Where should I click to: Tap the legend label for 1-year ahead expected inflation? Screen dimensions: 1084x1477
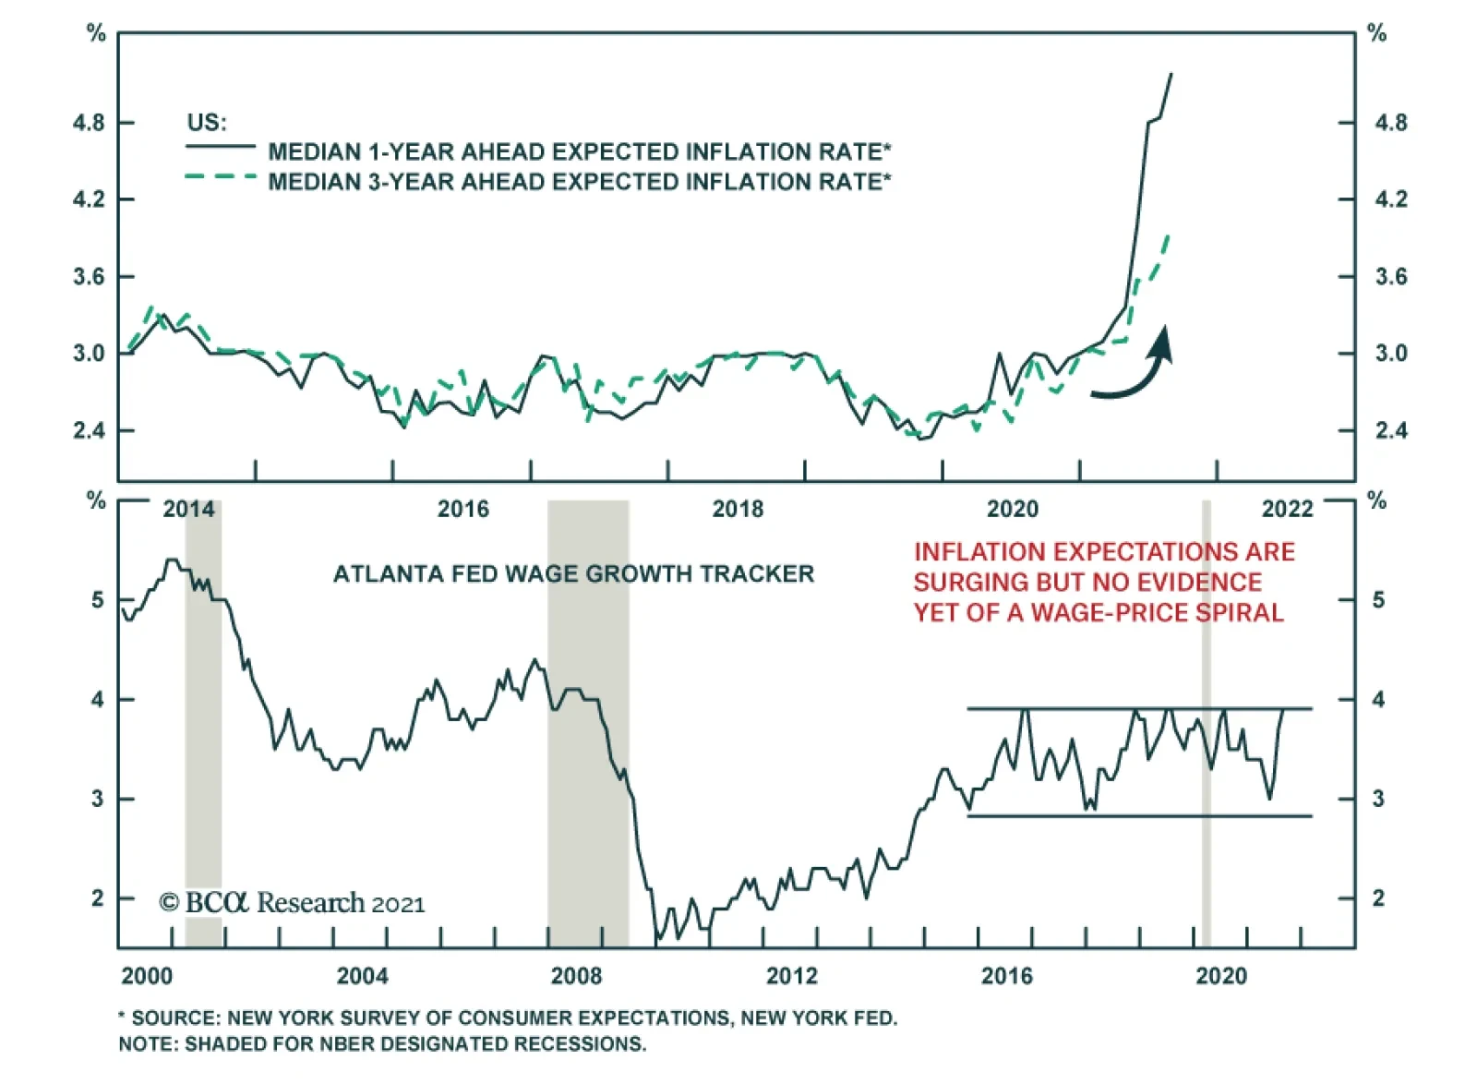point(579,151)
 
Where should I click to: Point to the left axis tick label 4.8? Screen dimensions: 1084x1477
point(89,123)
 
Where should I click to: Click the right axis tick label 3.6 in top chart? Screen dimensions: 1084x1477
point(1390,277)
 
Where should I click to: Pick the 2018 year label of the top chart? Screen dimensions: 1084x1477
point(738,509)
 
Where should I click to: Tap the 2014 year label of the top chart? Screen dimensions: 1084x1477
point(188,509)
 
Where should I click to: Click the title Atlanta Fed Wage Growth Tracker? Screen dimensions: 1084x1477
point(573,574)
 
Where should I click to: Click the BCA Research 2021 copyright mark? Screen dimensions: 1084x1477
point(292,903)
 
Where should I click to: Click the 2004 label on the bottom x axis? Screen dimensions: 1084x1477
point(362,976)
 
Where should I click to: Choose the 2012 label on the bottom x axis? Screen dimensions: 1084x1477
point(792,976)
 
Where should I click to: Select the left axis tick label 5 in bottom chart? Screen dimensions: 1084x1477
point(98,600)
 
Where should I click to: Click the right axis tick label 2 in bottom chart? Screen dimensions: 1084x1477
point(1377,898)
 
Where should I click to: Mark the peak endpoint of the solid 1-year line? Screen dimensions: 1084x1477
point(1171,73)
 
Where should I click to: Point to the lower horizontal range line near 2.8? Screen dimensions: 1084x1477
point(1139,816)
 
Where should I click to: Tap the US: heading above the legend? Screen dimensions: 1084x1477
point(207,123)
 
